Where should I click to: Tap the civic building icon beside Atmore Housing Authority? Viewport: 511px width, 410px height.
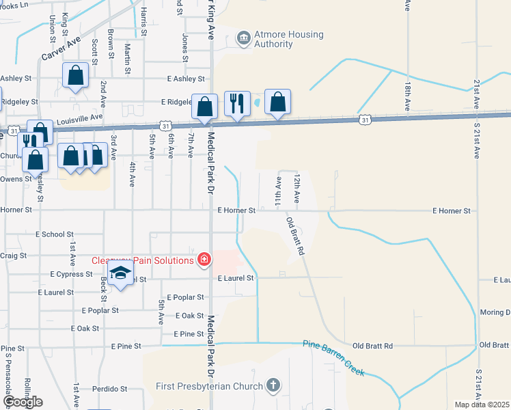(x=243, y=38)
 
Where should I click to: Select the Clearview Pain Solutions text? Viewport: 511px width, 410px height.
(x=143, y=260)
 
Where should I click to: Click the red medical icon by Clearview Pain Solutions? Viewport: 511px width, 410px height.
(x=204, y=260)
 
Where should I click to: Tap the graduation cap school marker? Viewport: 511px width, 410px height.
(x=120, y=273)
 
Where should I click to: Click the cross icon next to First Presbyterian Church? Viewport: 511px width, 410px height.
(x=273, y=385)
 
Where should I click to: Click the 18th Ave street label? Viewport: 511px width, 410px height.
(x=407, y=96)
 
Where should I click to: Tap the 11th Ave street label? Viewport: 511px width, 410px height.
(x=279, y=191)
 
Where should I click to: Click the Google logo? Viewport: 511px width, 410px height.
(x=22, y=402)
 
